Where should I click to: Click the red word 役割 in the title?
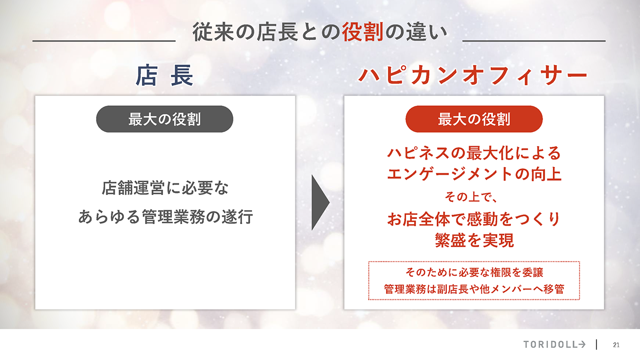[x=362, y=32]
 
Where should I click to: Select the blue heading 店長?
[x=164, y=75]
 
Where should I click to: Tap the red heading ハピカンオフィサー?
[x=473, y=75]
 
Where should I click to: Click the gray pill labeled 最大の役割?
[x=164, y=119]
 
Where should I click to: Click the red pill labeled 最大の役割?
[x=474, y=119]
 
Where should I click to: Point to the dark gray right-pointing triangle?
[x=320, y=202]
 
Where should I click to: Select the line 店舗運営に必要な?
[x=165, y=188]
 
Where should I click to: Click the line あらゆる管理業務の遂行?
[x=166, y=217]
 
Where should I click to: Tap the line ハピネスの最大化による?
[x=474, y=153]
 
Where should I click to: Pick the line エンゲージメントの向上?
[x=474, y=174]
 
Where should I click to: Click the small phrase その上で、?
[x=471, y=197]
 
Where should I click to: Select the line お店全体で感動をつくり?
[x=474, y=219]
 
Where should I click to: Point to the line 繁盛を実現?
[x=474, y=240]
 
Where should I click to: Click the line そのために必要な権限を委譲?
[x=474, y=272]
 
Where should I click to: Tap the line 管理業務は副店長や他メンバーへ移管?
[x=474, y=289]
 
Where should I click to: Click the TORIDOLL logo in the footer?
[x=554, y=345]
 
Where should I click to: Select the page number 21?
[x=616, y=345]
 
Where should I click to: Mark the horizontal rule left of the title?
[x=104, y=41]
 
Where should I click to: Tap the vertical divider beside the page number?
[x=597, y=345]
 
